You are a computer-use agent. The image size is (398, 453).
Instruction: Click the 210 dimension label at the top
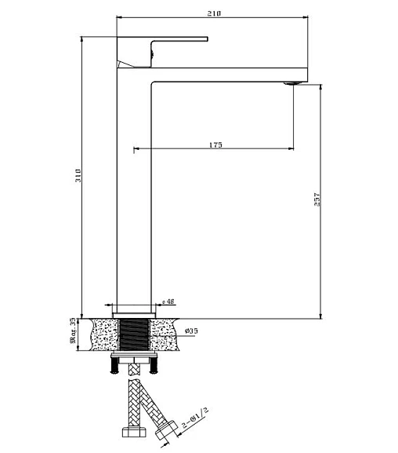[214, 13]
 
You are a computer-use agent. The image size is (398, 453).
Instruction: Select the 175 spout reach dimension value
[215, 144]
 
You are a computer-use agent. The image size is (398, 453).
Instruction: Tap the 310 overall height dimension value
[78, 175]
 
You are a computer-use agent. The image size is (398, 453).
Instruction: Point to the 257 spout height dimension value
[317, 199]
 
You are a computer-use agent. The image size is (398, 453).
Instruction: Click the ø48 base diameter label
[168, 301]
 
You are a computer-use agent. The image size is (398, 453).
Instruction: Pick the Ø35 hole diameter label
[191, 331]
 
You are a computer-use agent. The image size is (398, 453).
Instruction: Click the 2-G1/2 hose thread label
[195, 418]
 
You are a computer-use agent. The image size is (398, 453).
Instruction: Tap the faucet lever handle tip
[207, 39]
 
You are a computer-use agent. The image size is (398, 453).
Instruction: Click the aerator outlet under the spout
[293, 83]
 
